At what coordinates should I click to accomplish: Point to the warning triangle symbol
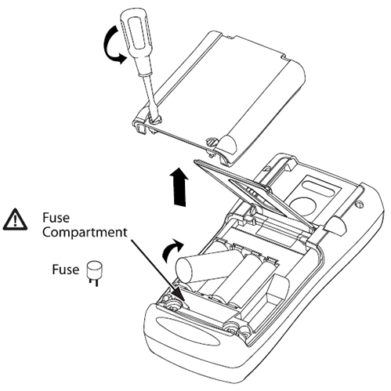pos(15,219)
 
